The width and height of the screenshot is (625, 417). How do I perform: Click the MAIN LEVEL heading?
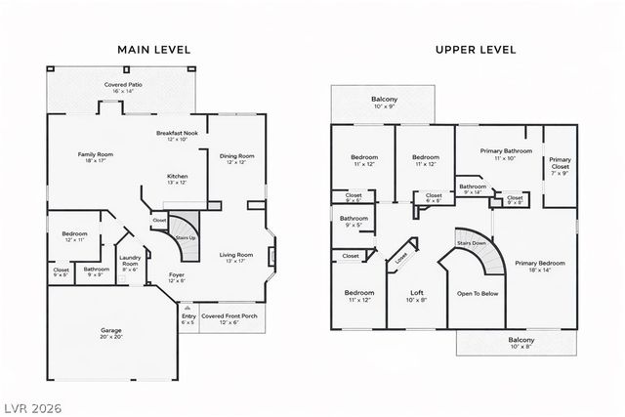(x=153, y=49)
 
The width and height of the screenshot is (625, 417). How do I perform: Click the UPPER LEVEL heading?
(x=476, y=49)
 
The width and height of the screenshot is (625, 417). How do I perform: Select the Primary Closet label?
(x=560, y=164)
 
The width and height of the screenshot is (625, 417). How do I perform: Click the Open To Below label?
(x=479, y=293)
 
